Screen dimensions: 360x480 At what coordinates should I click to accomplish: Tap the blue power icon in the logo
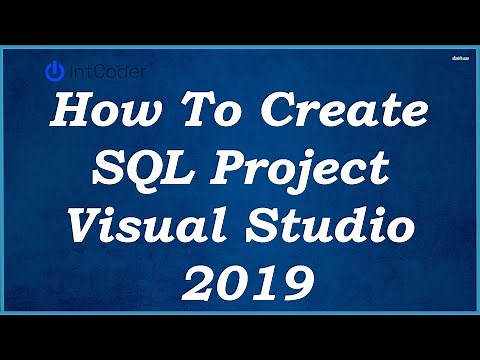coord(56,71)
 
